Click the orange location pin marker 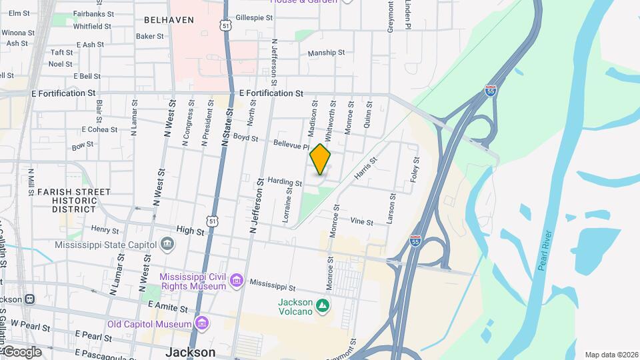pos(321,159)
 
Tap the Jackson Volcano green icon pos(323,306)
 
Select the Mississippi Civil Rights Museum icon pos(236,281)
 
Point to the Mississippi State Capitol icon pos(167,243)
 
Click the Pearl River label pos(545,251)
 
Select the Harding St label pos(285,181)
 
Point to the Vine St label pos(361,221)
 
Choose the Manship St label pos(326,53)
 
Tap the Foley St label pos(416,169)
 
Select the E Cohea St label pos(99,129)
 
